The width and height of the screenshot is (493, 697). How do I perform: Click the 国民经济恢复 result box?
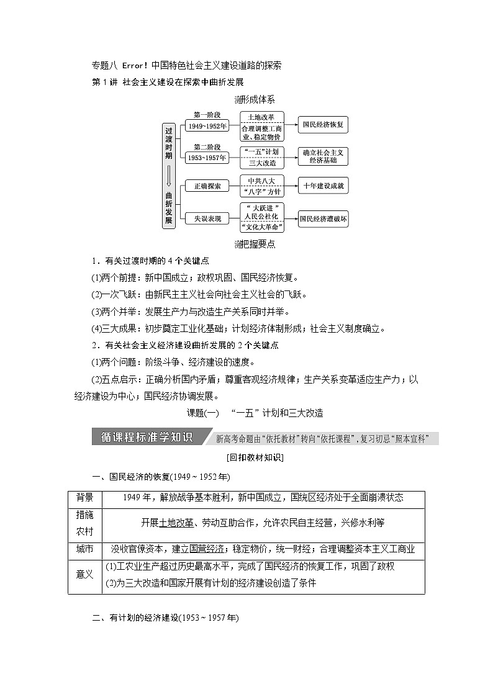point(322,125)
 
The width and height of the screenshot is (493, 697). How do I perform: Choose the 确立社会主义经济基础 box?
point(322,156)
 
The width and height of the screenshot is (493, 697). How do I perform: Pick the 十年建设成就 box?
point(323,186)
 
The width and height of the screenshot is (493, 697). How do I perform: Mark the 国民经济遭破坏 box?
point(323,218)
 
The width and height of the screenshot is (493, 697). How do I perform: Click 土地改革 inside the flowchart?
point(261,117)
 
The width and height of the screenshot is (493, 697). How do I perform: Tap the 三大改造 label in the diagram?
point(261,163)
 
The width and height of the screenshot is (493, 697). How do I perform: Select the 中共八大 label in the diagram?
point(261,181)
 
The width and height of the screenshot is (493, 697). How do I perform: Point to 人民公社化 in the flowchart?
point(261,217)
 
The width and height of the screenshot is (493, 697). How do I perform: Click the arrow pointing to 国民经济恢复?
point(291,125)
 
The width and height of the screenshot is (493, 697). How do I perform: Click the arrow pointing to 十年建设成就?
point(291,186)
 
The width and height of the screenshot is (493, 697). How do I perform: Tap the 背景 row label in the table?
point(84,497)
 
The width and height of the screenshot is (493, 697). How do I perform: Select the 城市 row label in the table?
point(84,549)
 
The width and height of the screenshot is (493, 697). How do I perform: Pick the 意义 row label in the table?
point(84,575)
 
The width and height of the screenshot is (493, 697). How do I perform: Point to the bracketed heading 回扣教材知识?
point(246,458)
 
